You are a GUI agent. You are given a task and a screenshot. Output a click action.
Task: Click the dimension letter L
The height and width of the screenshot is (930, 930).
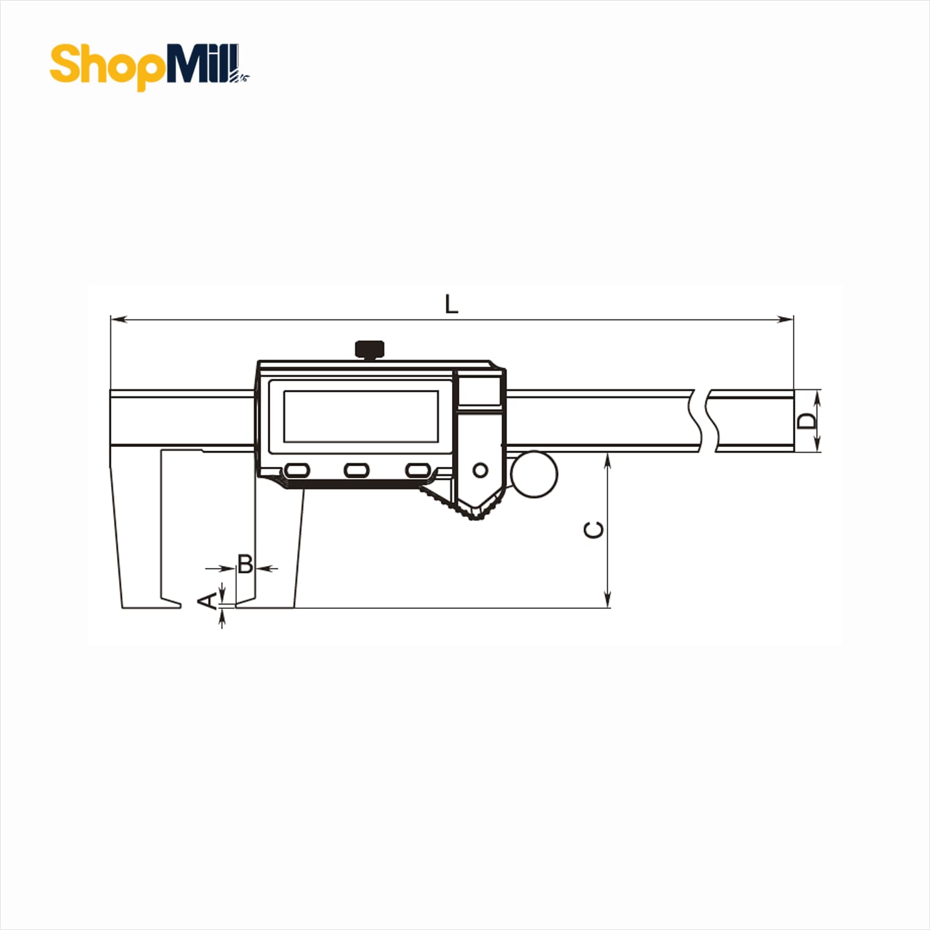pos(451,304)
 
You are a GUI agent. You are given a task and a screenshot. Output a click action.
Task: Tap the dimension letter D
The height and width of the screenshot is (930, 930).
pos(807,421)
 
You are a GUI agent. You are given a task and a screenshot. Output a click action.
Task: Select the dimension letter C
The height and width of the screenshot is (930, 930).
pos(594,530)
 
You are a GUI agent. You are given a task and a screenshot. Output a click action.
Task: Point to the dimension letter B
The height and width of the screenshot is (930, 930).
pos(246,564)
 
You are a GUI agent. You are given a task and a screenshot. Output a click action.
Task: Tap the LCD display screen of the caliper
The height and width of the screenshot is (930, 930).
pos(361,416)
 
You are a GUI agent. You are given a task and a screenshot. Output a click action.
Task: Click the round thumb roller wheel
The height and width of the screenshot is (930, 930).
pos(534,474)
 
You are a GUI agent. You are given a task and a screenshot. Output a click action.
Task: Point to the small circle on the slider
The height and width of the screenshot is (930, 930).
pos(480,470)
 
